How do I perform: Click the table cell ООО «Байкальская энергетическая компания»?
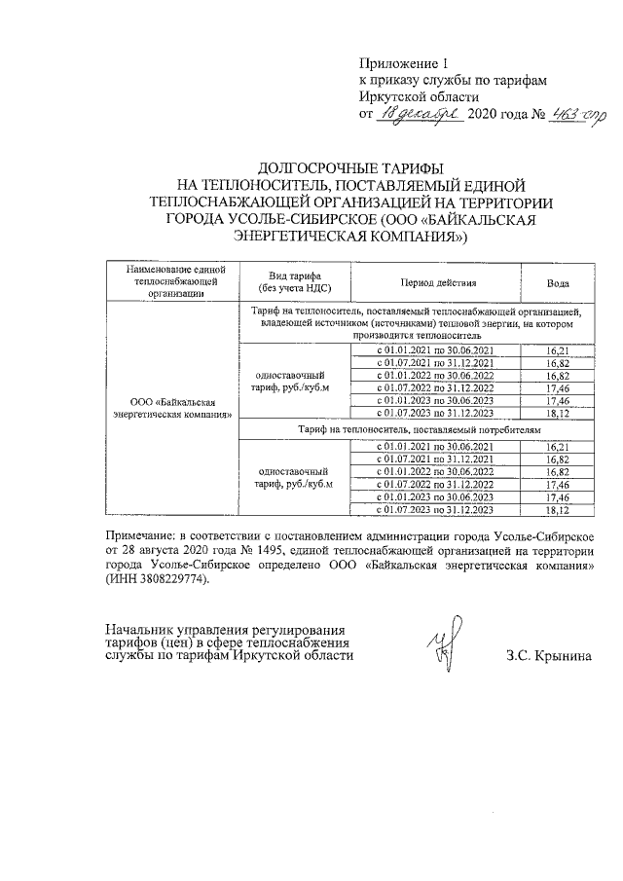pyautogui.click(x=169, y=408)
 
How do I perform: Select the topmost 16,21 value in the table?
pyautogui.click(x=558, y=349)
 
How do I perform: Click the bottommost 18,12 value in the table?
pyautogui.click(x=558, y=509)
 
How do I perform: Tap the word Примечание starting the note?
pyautogui.click(x=144, y=536)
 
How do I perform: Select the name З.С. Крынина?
pyautogui.click(x=549, y=655)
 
